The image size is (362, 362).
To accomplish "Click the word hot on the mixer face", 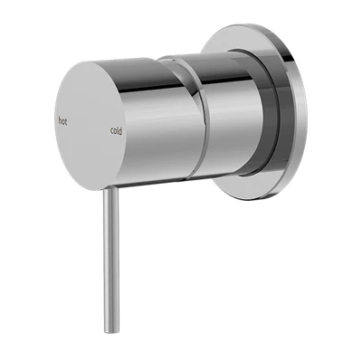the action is (x=62, y=121).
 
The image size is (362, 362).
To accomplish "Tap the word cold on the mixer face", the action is (x=117, y=130).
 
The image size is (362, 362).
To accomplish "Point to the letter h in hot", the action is (x=60, y=121).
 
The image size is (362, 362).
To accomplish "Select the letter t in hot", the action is (x=66, y=122).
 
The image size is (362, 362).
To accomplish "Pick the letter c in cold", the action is (x=112, y=131).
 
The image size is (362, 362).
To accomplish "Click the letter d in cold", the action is (x=120, y=131).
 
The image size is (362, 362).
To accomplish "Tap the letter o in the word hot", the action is (x=63, y=122).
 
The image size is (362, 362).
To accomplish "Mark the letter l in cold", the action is (x=118, y=130).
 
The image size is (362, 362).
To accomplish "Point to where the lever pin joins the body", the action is (x=110, y=189).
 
